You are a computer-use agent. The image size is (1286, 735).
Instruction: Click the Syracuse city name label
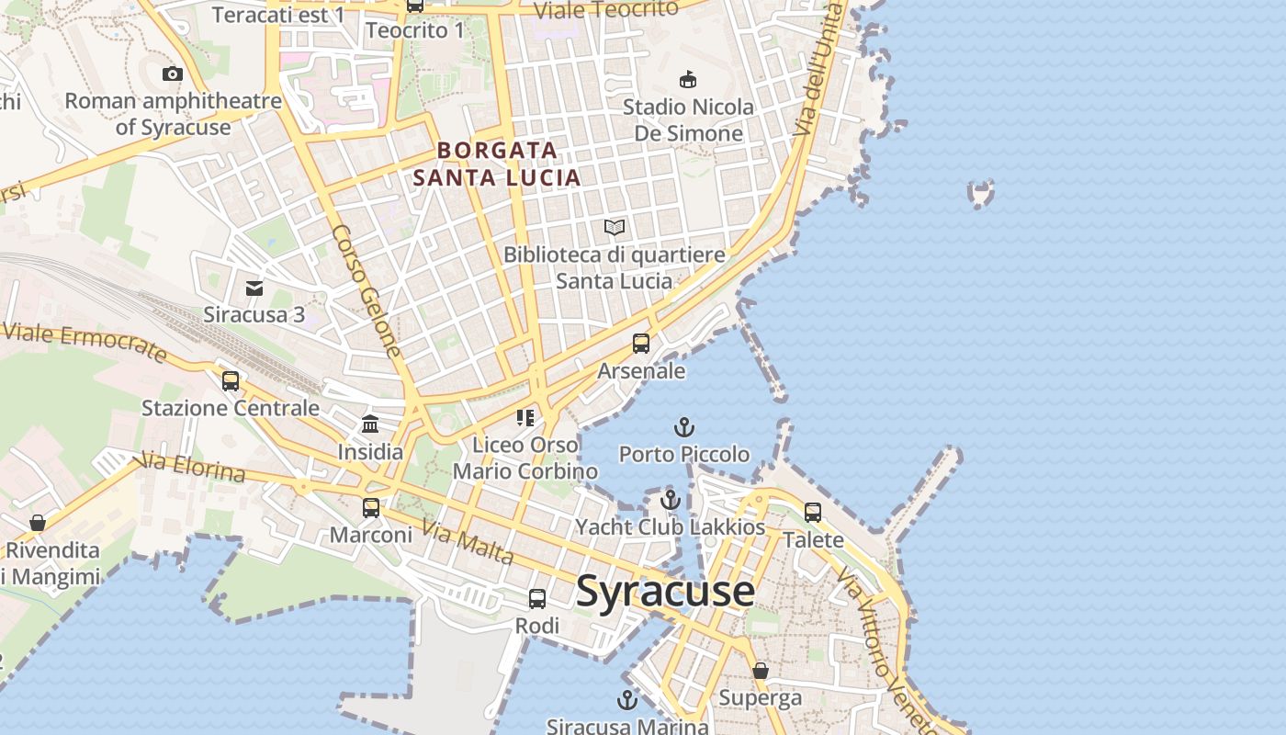(665, 591)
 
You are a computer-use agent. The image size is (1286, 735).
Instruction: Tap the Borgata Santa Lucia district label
(497, 164)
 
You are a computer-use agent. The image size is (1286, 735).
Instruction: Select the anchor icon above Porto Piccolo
(683, 427)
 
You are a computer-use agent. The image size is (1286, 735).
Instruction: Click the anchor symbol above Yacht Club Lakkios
(671, 501)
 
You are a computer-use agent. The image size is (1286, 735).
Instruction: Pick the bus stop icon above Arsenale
(641, 344)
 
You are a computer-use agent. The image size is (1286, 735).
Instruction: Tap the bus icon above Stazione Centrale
(231, 380)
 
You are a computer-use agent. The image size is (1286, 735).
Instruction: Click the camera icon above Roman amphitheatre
(173, 74)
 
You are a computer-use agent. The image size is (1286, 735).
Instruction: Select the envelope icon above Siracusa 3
(254, 288)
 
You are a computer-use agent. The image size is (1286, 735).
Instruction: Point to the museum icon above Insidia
(370, 424)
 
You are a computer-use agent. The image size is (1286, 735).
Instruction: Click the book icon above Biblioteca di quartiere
(615, 227)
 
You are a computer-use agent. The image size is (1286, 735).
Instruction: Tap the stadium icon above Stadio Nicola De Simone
(687, 80)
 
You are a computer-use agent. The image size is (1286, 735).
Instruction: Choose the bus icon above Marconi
(371, 507)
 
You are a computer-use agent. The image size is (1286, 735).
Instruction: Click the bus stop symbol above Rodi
(537, 599)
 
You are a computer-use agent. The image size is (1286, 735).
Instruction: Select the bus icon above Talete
(813, 512)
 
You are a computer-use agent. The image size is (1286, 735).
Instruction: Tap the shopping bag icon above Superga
(761, 671)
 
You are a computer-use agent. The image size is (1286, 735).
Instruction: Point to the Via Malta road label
(468, 542)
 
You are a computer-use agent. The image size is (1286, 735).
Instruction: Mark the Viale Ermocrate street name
(85, 343)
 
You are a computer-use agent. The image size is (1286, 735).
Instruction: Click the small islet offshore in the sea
(981, 194)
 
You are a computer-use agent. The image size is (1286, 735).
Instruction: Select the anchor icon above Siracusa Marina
(626, 701)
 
